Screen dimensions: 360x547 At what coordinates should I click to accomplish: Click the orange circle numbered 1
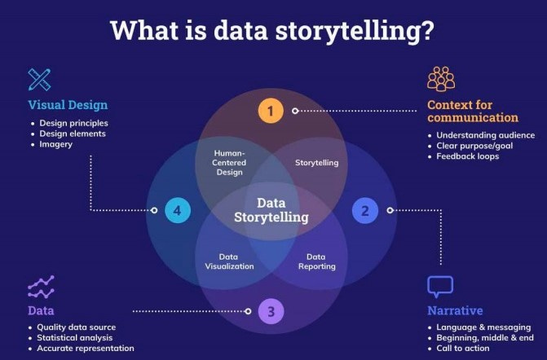tap(271, 110)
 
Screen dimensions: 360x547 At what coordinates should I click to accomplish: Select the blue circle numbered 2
tap(365, 211)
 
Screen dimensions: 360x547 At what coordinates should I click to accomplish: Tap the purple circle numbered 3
tap(271, 310)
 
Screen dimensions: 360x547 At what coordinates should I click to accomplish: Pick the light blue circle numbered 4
tap(177, 211)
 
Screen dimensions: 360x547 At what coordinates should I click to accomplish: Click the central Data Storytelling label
tap(271, 210)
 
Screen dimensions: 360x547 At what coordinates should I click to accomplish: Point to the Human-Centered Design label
tap(230, 161)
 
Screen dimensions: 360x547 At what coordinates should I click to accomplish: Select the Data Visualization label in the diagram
tap(229, 261)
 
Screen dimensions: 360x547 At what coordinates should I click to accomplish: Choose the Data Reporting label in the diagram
tap(316, 261)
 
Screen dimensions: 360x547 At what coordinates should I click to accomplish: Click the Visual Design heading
tap(68, 105)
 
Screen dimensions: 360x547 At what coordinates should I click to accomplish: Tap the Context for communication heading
tap(471, 111)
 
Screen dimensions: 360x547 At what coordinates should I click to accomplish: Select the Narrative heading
tap(455, 310)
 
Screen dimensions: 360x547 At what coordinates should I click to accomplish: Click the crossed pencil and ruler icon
tap(39, 79)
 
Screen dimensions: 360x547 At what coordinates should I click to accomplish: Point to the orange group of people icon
tap(440, 79)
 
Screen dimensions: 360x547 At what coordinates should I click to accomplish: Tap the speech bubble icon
tap(440, 287)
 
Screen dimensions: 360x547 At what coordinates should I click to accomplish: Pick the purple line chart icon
tap(41, 287)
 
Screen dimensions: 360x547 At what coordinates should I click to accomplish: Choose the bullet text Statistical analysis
tap(75, 337)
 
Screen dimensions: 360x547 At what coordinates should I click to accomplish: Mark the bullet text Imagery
tap(56, 144)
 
